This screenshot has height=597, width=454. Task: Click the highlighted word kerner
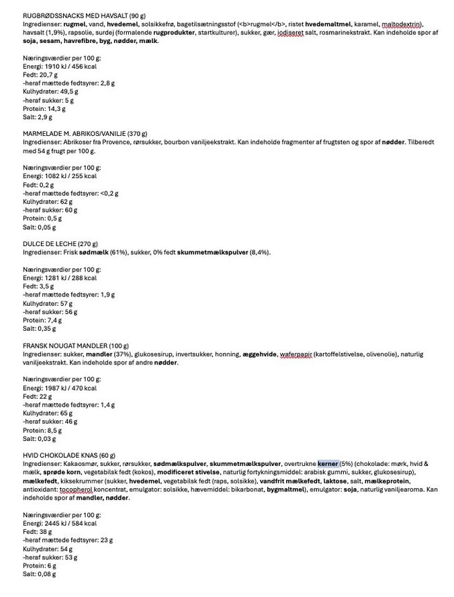(x=328, y=464)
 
